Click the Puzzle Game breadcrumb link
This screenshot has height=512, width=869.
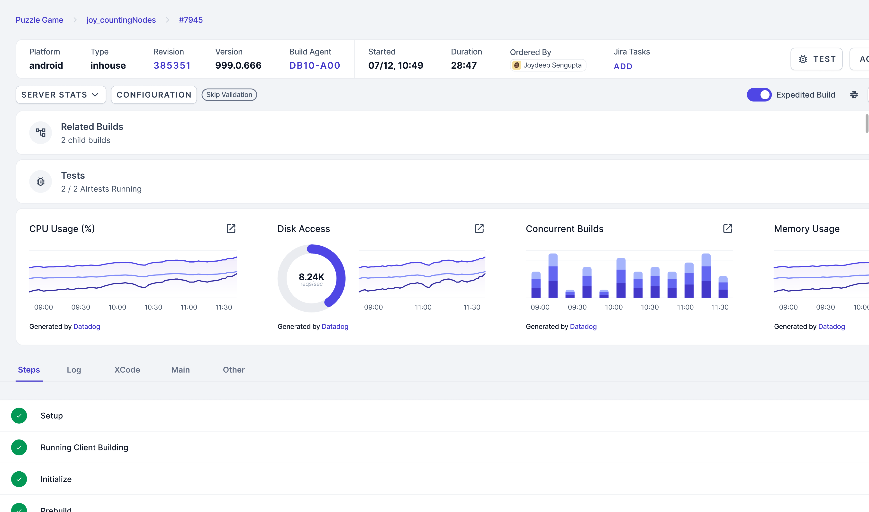[x=39, y=20]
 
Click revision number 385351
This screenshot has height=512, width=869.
[x=172, y=65]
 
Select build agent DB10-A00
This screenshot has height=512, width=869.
[x=315, y=65]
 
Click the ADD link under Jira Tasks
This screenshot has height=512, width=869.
[x=623, y=66]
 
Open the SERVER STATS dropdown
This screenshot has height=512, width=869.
[x=61, y=95]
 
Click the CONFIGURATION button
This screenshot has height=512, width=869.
[x=154, y=95]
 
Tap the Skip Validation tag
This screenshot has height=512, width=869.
[x=229, y=95]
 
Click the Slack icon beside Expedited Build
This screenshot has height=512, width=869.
[x=854, y=95]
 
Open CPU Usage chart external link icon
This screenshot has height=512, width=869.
[x=231, y=229]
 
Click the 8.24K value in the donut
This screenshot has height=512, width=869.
[x=311, y=277]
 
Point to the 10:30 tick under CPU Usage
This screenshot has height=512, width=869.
[x=153, y=307]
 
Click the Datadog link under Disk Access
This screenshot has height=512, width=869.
[x=335, y=326]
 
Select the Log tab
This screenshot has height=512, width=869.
[x=74, y=370]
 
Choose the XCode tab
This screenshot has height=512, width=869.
[x=127, y=370]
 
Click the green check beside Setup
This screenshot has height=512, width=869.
[x=19, y=416]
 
